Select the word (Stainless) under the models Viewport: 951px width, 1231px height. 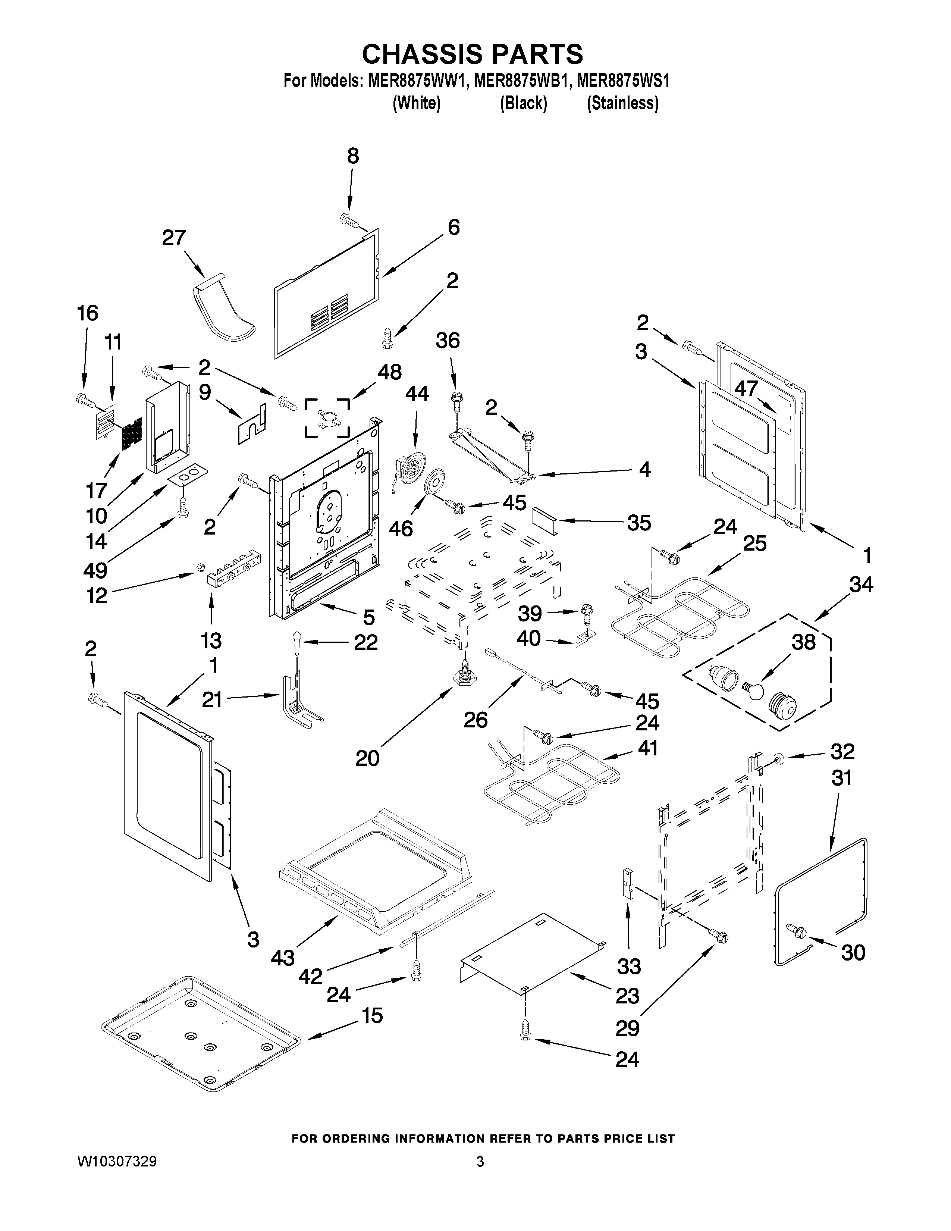(622, 104)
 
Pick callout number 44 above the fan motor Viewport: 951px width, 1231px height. (417, 394)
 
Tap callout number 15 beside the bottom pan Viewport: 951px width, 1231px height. (372, 1016)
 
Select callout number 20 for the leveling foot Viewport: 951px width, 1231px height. (367, 759)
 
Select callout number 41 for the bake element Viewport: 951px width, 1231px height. (648, 748)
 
